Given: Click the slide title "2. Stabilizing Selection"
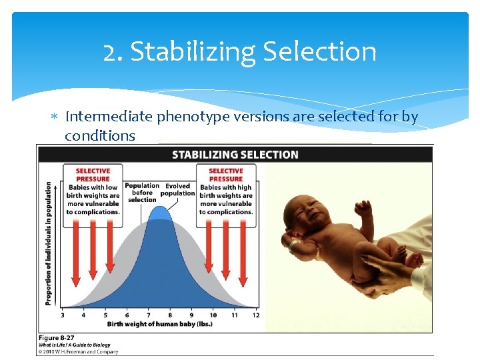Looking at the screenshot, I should [240, 52].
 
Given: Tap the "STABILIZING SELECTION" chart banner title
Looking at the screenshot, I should [235, 155].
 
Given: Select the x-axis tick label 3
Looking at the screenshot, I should [63, 314].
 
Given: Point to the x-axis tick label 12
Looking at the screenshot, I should [255, 314].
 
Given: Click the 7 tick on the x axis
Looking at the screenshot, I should [148, 314].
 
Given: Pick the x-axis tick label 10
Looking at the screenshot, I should [212, 314].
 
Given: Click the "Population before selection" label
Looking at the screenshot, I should [142, 193].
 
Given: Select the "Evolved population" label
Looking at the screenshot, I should [178, 189].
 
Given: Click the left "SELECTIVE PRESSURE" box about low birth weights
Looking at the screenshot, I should [93, 191].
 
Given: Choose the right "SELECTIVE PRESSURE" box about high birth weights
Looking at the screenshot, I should [225, 191].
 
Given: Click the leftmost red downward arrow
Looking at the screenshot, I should [76, 248].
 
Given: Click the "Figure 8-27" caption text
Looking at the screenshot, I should [58, 339].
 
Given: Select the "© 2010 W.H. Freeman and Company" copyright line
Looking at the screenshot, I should [78, 352].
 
